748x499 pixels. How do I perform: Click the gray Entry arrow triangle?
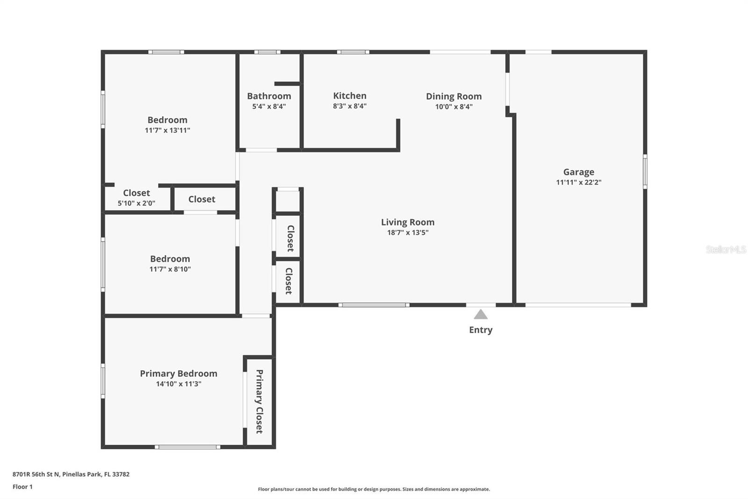481,315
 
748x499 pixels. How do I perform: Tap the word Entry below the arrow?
481,330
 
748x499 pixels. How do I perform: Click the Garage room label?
578,172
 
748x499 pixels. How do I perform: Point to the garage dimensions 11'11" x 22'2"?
578,183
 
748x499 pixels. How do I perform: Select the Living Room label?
408,222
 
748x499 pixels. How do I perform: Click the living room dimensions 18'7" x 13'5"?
408,233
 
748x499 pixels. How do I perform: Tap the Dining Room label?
453,96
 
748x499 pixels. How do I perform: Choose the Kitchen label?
350,96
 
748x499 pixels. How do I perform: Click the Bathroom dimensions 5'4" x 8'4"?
269,107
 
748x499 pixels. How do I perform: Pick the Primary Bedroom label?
179,374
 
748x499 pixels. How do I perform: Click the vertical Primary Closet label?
259,401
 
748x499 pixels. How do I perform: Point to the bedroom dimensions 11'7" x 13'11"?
167,131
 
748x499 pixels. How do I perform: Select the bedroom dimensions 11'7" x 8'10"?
170,269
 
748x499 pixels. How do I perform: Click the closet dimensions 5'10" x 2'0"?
137,204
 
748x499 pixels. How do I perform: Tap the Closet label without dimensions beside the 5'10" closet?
202,199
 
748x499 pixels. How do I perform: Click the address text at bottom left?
71,474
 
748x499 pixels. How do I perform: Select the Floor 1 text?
22,487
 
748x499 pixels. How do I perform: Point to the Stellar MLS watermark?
726,249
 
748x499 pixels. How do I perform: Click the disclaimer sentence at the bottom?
374,489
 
